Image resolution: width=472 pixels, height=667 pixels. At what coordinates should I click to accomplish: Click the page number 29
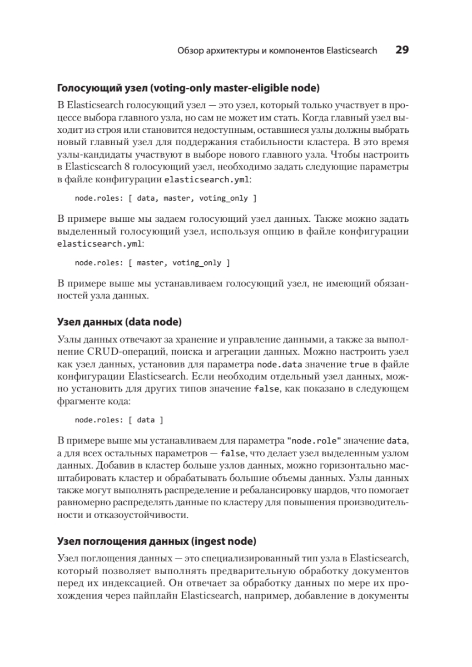402,50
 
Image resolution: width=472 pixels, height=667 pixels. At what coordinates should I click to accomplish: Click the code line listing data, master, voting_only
165,198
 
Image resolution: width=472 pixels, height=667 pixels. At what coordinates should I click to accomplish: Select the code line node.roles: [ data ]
119,420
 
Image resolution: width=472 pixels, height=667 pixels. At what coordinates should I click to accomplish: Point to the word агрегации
220,351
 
